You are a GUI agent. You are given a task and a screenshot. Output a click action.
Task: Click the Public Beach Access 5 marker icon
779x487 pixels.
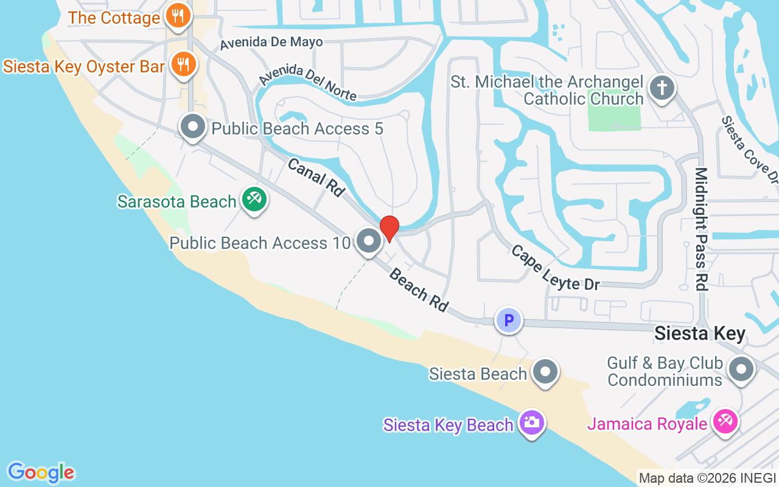(x=194, y=128)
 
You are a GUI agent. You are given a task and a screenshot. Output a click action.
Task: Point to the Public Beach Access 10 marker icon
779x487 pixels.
(x=368, y=241)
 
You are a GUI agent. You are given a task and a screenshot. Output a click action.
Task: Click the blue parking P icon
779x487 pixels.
(x=509, y=320)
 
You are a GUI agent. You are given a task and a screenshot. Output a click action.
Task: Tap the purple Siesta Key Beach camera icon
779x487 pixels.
(x=531, y=422)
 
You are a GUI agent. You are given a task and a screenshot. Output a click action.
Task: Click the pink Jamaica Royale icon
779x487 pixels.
(x=724, y=422)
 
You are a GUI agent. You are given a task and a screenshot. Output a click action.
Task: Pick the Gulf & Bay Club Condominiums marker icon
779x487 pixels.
(x=741, y=369)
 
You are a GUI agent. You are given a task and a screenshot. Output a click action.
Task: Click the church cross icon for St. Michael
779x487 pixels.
(x=662, y=88)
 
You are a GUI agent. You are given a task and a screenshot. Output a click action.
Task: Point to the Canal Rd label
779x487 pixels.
(x=316, y=177)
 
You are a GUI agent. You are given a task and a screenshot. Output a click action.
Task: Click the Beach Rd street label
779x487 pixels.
(x=418, y=290)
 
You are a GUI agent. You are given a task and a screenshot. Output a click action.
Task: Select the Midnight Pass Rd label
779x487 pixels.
(x=702, y=229)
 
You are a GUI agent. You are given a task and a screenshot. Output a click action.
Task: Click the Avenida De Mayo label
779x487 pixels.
(x=271, y=43)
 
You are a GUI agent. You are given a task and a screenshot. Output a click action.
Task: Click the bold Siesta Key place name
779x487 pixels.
(x=699, y=334)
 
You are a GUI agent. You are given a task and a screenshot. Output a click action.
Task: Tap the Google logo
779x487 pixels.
(x=41, y=472)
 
